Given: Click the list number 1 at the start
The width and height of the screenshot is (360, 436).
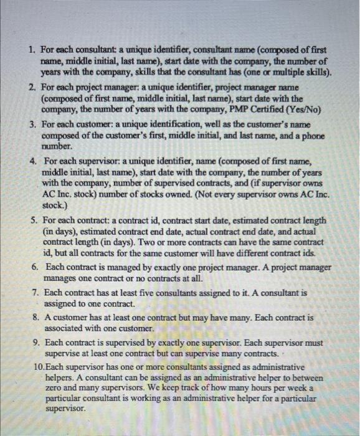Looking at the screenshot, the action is click(x=32, y=48).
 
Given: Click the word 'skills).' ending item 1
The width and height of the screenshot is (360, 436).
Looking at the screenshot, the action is click(x=314, y=72).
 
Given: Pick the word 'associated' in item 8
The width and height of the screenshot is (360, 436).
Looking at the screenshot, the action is click(x=65, y=328).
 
